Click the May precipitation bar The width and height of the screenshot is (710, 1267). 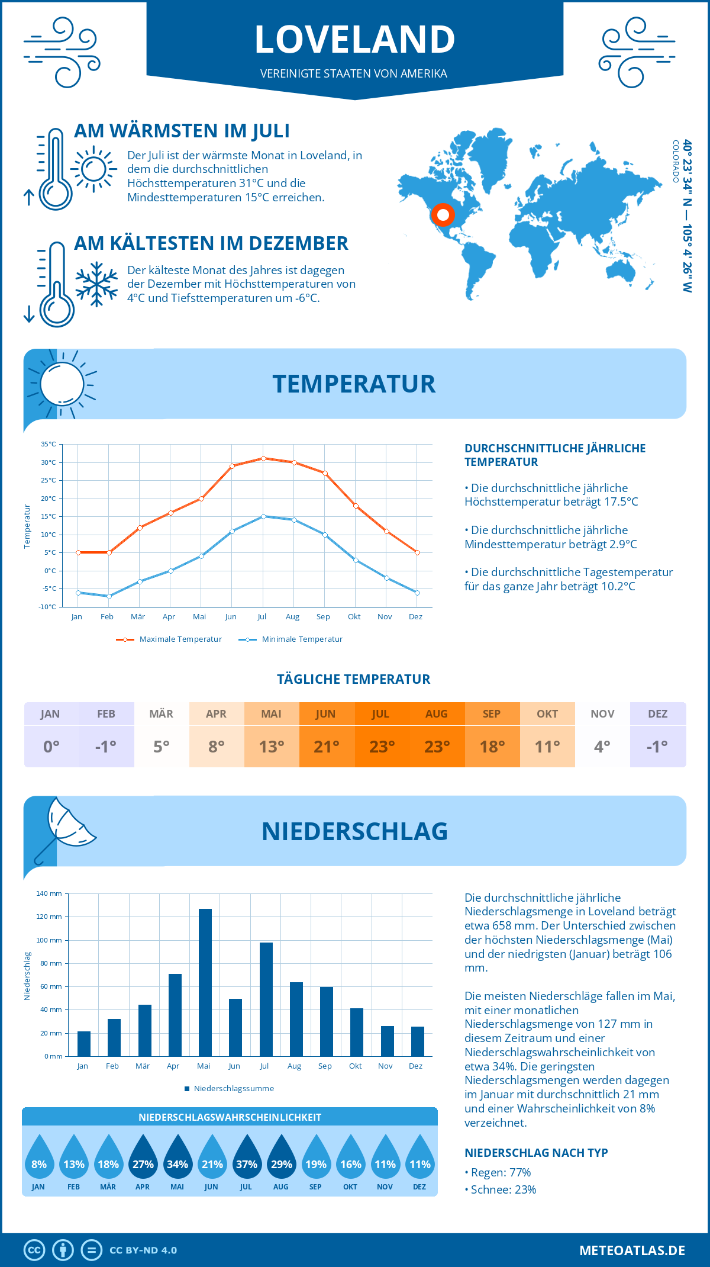click(x=205, y=983)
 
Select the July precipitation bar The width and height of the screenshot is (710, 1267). click(x=266, y=999)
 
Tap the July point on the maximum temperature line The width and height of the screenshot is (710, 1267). click(x=263, y=458)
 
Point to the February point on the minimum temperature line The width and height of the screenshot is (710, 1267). click(x=109, y=596)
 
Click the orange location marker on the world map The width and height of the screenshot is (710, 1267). click(x=443, y=215)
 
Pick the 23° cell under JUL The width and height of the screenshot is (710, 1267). click(x=382, y=747)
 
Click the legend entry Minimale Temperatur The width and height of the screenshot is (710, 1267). click(x=302, y=639)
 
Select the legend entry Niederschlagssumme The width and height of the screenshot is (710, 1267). click(x=234, y=1089)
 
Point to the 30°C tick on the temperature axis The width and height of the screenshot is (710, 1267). click(x=49, y=462)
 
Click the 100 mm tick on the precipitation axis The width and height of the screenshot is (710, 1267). click(x=49, y=940)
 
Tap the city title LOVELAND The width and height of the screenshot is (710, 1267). click(x=354, y=39)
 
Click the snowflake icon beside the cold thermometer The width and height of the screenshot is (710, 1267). click(x=96, y=284)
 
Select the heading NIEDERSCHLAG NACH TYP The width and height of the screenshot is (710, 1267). click(x=536, y=1153)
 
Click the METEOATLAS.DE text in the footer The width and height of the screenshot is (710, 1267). click(x=632, y=1250)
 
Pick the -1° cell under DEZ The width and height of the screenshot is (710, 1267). click(x=657, y=747)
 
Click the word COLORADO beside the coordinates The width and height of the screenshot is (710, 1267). click(x=675, y=161)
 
